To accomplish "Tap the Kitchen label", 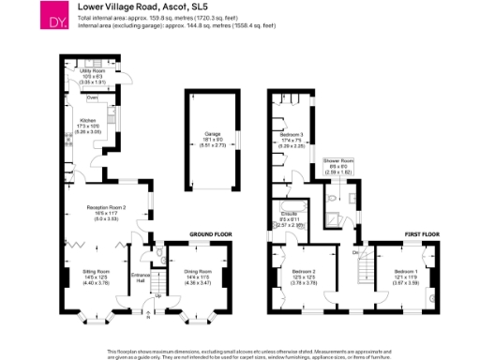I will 88,121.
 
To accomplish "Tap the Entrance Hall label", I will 142,277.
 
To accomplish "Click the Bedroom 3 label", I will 291,135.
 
